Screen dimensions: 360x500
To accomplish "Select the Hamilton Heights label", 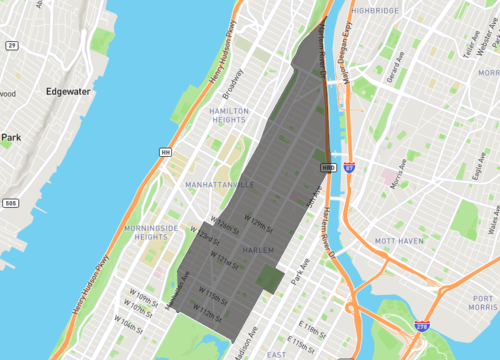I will click(x=230, y=118).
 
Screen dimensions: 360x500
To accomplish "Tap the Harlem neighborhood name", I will click(x=257, y=250).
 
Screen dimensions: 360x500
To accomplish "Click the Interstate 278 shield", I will click(x=422, y=326).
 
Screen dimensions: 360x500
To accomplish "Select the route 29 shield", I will click(x=12, y=46).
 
